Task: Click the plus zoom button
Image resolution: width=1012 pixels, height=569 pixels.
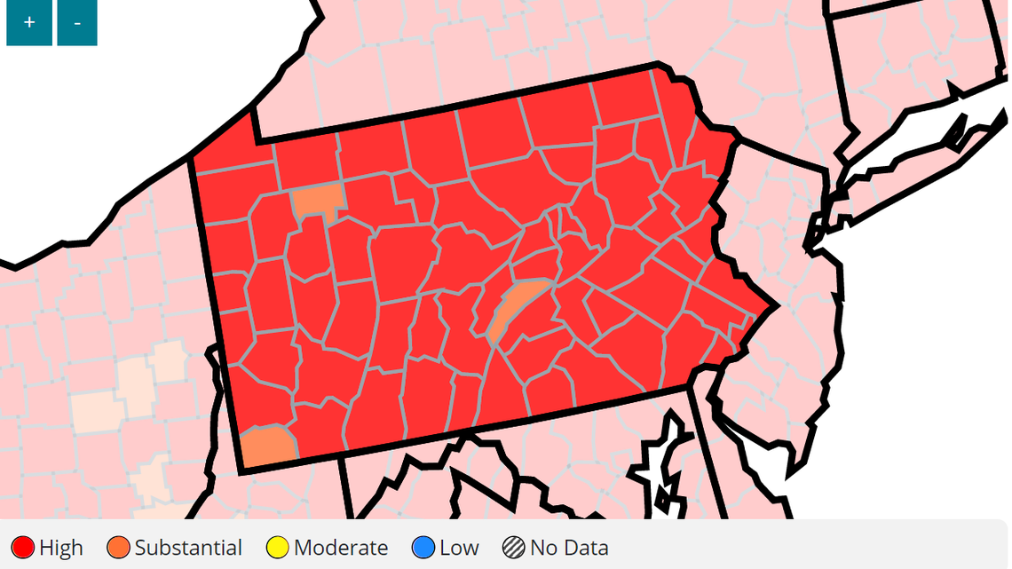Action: (29, 22)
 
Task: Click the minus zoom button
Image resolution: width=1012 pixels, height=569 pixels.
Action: (77, 22)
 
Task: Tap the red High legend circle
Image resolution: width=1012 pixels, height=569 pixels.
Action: (22, 548)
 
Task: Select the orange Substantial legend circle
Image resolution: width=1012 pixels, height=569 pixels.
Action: (118, 548)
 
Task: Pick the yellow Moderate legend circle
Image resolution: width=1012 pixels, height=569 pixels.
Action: (278, 548)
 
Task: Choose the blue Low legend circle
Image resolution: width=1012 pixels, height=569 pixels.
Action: (424, 548)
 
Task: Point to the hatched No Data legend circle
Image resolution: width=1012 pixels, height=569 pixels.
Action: (513, 548)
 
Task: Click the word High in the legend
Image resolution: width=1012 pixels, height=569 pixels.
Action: (61, 548)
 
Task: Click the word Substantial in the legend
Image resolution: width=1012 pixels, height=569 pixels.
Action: (188, 548)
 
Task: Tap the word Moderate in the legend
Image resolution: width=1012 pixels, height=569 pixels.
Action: (341, 548)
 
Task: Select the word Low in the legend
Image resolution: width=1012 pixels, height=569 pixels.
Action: (459, 548)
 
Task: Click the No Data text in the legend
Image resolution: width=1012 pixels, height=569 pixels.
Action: (569, 548)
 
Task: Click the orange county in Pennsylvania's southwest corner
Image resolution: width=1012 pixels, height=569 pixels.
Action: (266, 447)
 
